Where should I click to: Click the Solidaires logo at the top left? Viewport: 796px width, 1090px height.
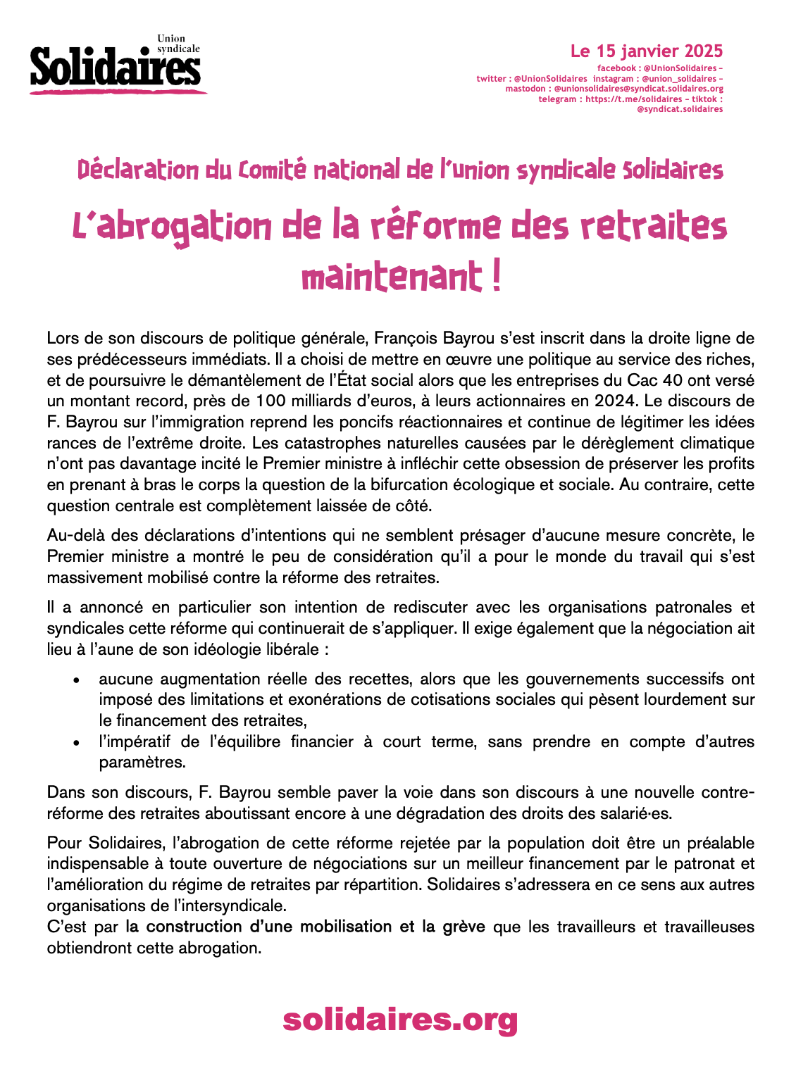pyautogui.click(x=116, y=65)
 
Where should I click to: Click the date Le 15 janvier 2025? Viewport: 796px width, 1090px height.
pyautogui.click(x=646, y=51)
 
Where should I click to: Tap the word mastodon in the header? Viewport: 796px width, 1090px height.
pyautogui.click(x=525, y=89)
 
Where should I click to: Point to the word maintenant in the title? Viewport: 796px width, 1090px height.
pyautogui.click(x=391, y=277)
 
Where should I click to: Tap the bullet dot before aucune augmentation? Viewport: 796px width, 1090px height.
pyautogui.click(x=77, y=680)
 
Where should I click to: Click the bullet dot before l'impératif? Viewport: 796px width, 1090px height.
pyautogui.click(x=77, y=743)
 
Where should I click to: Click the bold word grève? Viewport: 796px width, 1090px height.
pyautogui.click(x=464, y=927)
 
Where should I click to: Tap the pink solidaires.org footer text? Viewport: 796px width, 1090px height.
pyautogui.click(x=400, y=1020)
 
